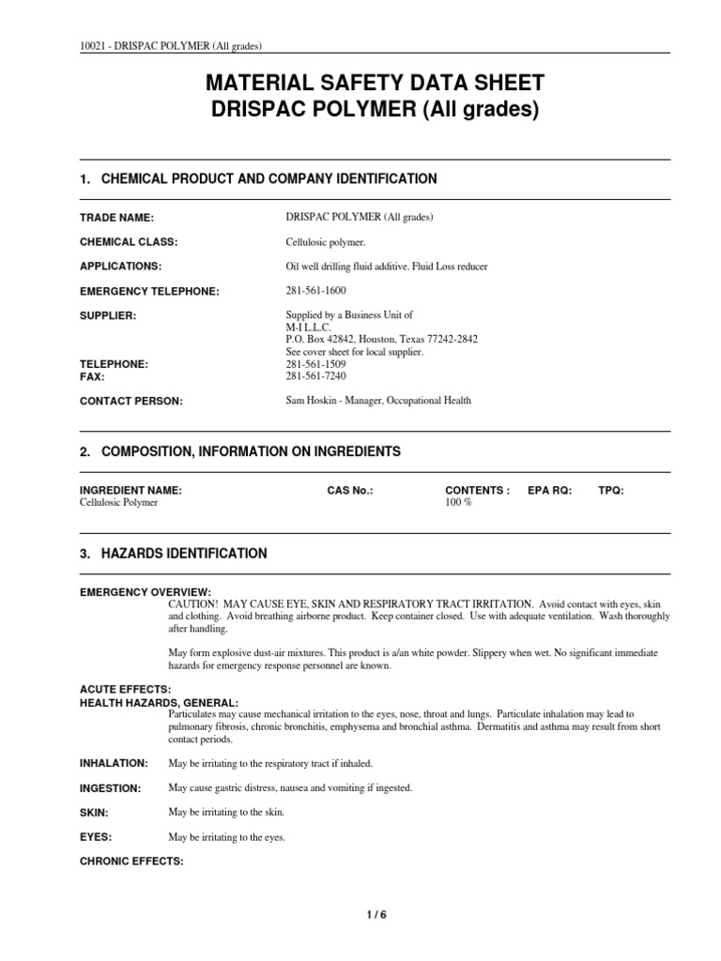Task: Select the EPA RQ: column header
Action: click(x=549, y=490)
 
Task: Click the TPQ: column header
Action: click(x=610, y=490)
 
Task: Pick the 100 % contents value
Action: click(x=458, y=502)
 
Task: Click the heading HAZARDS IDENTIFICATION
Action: click(x=184, y=554)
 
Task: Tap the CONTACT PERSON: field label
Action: click(x=130, y=401)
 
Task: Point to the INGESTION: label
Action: click(x=111, y=787)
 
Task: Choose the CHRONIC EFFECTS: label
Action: click(x=130, y=861)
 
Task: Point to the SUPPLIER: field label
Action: click(x=108, y=315)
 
